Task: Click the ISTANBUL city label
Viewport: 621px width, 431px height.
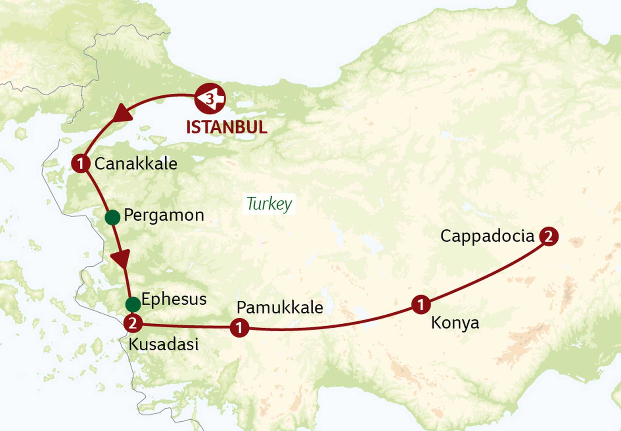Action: coord(227,127)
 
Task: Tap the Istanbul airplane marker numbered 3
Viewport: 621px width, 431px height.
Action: coord(210,99)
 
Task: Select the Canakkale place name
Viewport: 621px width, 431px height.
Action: coord(136,164)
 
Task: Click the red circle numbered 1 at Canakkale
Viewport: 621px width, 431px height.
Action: coord(81,164)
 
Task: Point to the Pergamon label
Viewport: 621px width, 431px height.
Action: coord(164,215)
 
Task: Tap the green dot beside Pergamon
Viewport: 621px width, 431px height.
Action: coord(113,217)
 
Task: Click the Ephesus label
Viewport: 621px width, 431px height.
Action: coord(174,299)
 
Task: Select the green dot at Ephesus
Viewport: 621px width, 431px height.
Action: coord(133,304)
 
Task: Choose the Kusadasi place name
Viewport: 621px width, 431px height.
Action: coord(163,344)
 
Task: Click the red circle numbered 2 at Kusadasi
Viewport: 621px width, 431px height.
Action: coord(133,323)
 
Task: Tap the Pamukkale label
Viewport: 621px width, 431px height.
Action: coord(280,307)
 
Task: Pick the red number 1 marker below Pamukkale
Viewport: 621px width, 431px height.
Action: coord(239,328)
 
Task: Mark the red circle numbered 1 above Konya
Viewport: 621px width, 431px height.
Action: coord(421,304)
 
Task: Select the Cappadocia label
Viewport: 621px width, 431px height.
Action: coord(487,236)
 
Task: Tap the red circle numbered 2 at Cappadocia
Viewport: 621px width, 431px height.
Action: coord(549,236)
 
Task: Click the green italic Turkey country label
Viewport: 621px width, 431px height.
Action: coord(269,204)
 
